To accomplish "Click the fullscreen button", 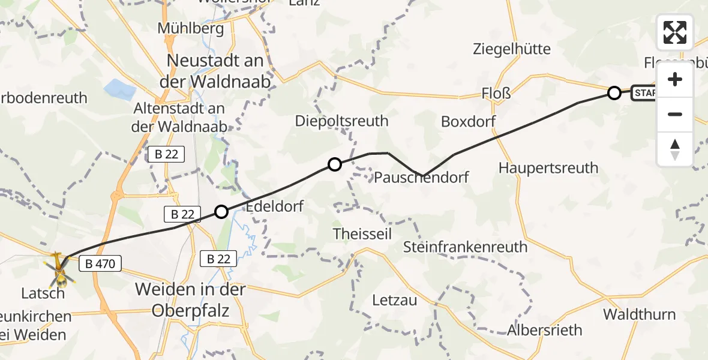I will point(675,32).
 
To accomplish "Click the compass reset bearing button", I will point(675,149).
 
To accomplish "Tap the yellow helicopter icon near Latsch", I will point(59,269).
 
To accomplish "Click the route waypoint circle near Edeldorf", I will point(221,211).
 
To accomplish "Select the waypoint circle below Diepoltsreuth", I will point(334,164).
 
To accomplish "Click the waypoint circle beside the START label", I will point(614,93).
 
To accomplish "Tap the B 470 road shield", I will point(100,263).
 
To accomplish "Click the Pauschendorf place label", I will point(421,177).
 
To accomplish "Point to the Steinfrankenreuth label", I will point(465,246).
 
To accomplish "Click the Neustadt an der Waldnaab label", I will point(215,71).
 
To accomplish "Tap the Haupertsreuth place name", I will point(548,167).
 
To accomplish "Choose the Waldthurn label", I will point(639,314).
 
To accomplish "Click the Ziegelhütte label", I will point(512,49).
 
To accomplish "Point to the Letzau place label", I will point(394,300).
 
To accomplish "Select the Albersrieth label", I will point(544,330).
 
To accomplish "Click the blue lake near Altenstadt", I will point(119,89).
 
